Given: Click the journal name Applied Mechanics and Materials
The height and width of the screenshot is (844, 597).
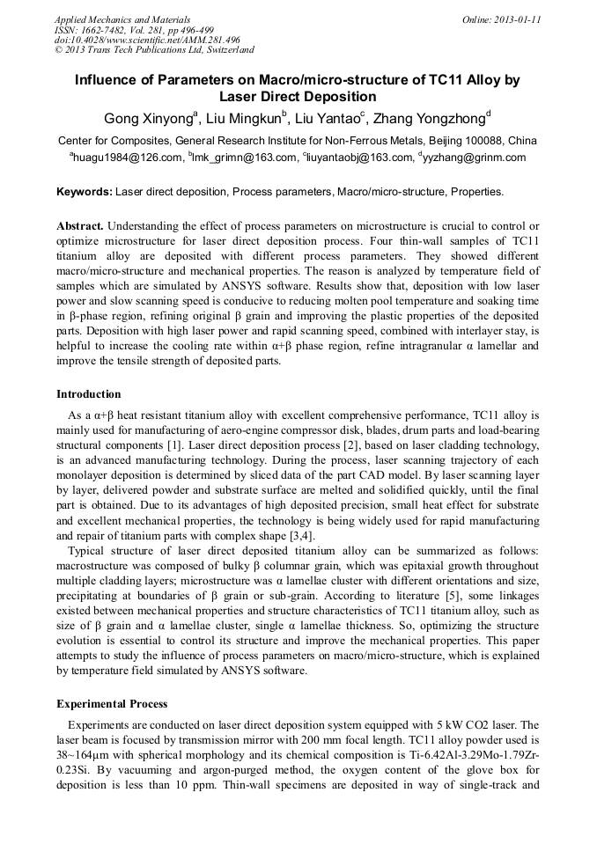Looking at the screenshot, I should tap(122, 19).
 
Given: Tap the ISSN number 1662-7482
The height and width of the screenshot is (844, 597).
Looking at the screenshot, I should tap(113, 30).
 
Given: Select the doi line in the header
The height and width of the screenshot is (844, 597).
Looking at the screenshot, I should tap(147, 40).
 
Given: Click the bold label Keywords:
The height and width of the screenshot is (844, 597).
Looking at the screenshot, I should tap(85, 191).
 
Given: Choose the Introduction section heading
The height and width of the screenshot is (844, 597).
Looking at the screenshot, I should tap(88, 393).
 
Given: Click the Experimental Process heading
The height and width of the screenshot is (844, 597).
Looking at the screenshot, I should tap(112, 703).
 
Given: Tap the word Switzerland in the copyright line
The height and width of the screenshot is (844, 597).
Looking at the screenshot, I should tap(228, 51).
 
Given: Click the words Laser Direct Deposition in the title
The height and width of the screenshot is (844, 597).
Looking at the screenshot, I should tap(298, 97).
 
